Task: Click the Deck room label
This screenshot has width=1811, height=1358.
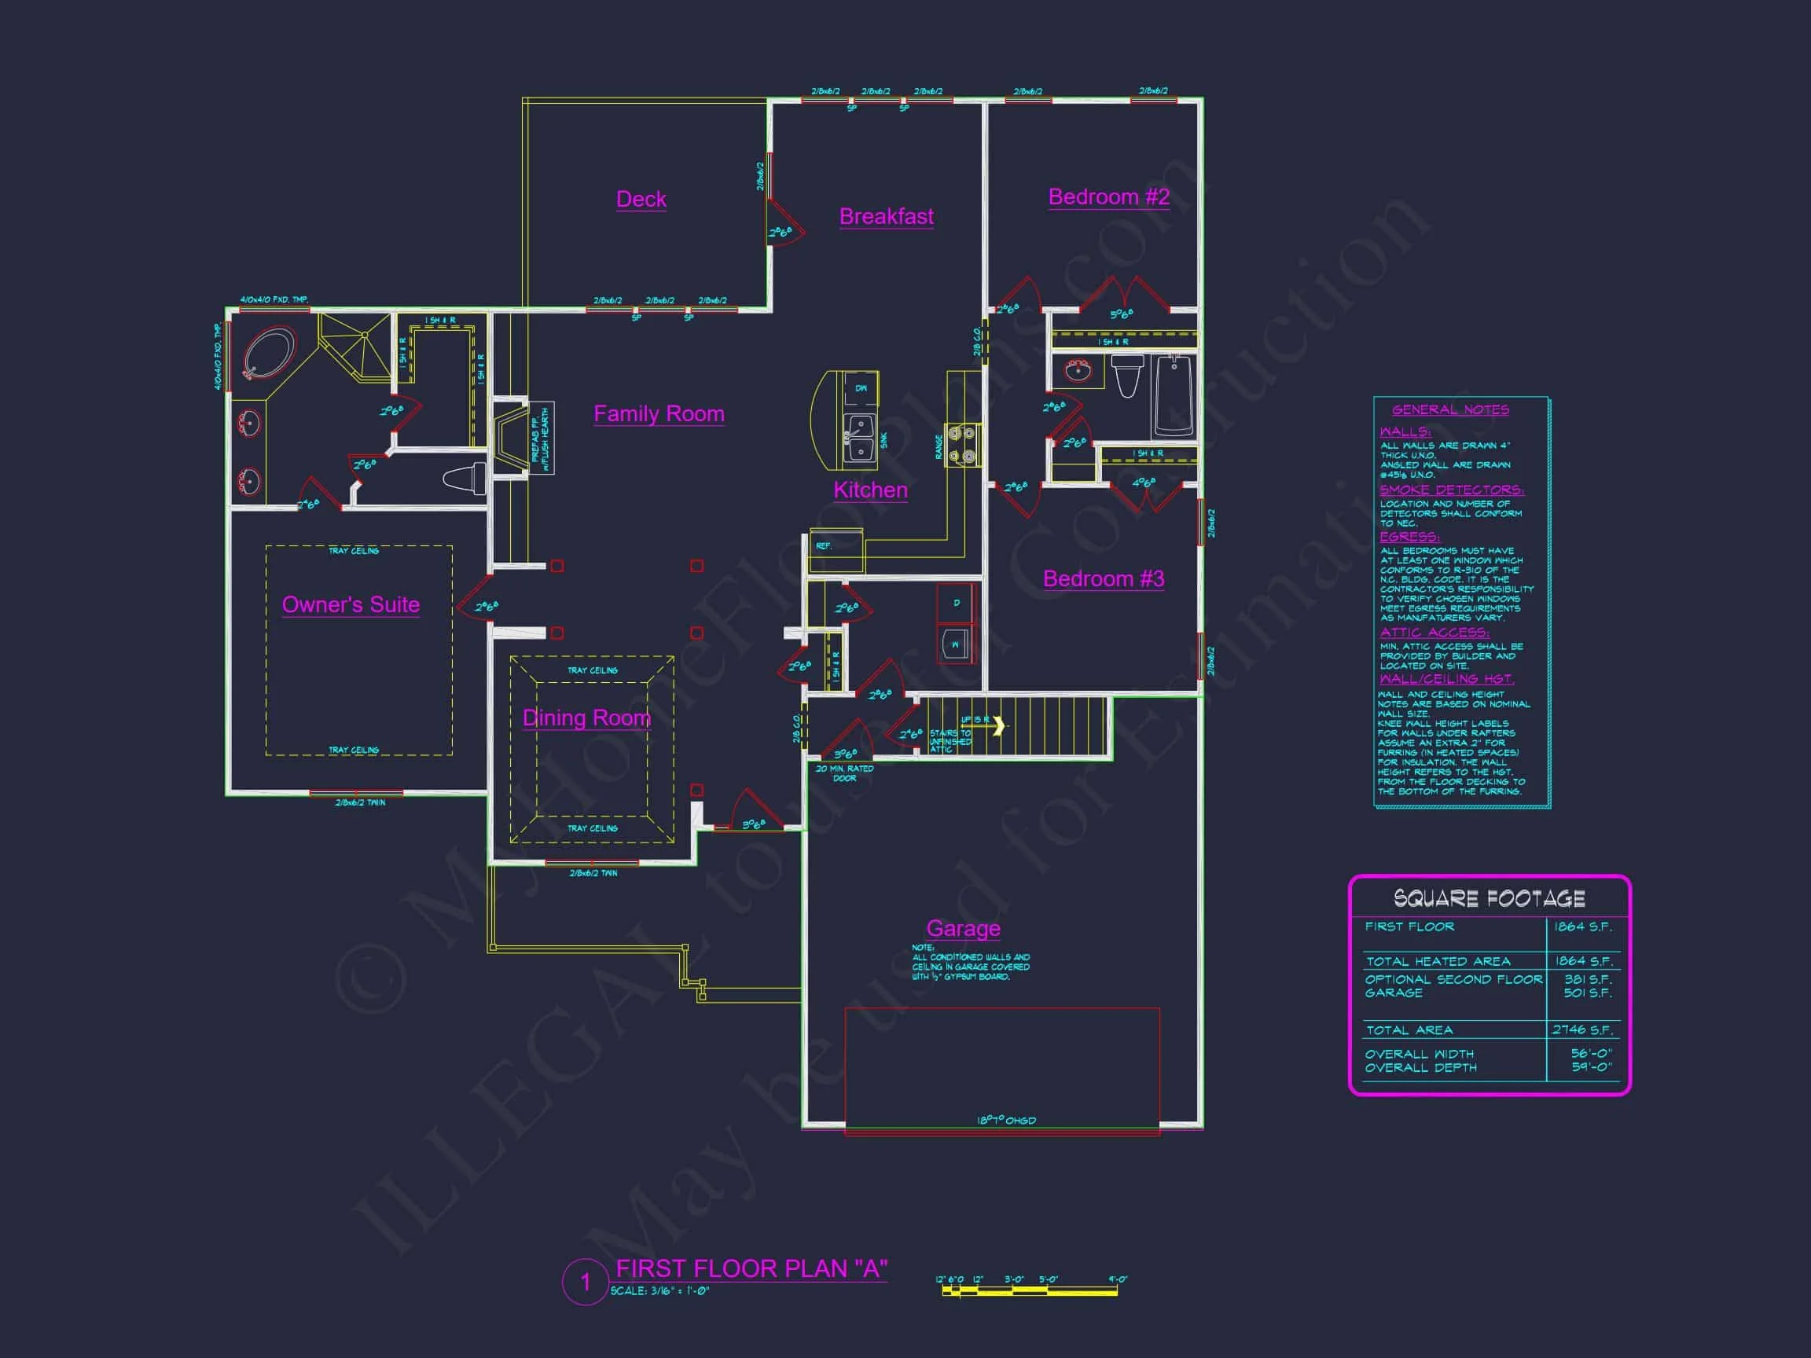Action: [641, 199]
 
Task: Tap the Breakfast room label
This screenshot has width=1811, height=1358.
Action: [886, 216]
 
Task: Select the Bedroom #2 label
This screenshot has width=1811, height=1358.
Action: [1108, 196]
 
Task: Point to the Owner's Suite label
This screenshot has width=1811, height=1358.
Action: [351, 604]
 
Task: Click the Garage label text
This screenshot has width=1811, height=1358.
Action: [963, 928]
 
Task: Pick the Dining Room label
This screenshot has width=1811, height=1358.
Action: [586, 718]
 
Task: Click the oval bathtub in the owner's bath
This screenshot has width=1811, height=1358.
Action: [268, 353]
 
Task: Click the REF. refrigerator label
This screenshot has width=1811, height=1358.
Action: [824, 546]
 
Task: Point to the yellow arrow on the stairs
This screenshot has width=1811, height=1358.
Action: [998, 725]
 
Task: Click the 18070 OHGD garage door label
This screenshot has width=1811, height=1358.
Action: [1006, 1121]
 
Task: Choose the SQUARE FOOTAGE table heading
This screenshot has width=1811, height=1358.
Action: [1490, 899]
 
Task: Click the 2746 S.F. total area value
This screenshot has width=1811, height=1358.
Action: [1581, 1030]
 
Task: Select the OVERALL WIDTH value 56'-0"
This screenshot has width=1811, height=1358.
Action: [1591, 1054]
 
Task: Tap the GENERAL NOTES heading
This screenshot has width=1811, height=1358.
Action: [1450, 409]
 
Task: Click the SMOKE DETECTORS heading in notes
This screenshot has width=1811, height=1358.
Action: [1451, 490]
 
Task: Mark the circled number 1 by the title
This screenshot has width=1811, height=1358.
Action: [585, 1282]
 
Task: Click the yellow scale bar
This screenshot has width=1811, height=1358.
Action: [1029, 1291]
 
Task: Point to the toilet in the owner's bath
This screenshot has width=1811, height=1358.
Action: [465, 478]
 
